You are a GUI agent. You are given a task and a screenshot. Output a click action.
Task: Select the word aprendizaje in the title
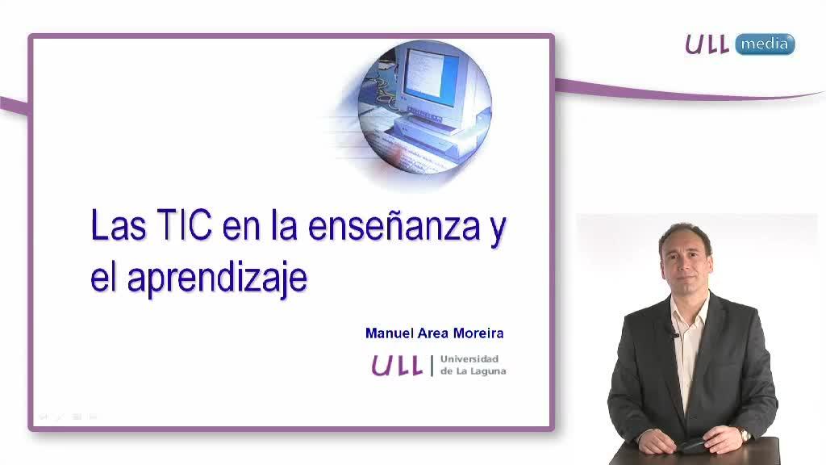pos(217,279)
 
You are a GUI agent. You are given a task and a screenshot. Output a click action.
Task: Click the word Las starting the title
pos(119,225)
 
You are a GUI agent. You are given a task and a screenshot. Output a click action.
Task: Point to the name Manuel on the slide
pos(390,333)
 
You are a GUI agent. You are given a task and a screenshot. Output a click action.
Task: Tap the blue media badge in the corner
pos(765,44)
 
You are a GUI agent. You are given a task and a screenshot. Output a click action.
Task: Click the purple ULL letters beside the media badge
pos(707,44)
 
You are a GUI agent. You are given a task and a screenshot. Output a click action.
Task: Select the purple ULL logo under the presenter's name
pos(397,366)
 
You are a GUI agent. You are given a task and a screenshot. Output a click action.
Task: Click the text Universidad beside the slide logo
pos(469,359)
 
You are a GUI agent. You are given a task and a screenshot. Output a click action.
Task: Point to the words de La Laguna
pos(473,371)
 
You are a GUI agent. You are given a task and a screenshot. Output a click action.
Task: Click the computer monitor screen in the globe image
pos(424,73)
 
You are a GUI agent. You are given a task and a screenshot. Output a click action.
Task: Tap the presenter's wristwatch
pos(745,434)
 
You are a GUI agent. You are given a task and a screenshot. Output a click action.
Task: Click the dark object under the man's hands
pos(695,446)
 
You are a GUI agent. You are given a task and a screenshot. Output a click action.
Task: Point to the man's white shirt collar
pos(690,308)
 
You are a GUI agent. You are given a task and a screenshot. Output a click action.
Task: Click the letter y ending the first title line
pos(497,230)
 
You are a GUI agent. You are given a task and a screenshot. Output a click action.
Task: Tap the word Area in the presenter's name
pos(433,333)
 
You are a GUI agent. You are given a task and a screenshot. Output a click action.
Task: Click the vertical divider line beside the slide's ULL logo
pos(432,366)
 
